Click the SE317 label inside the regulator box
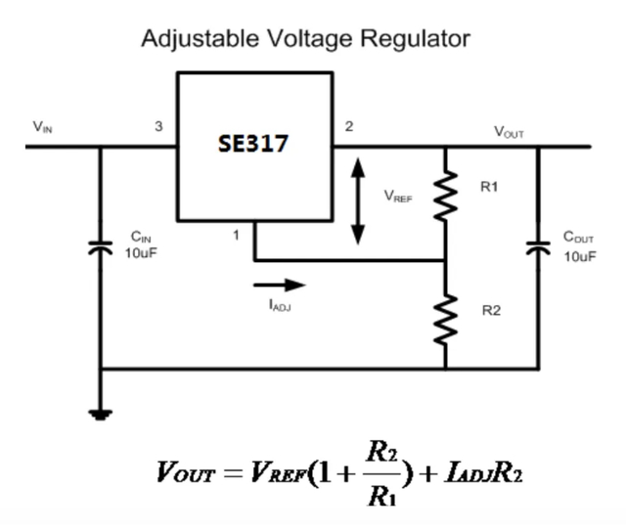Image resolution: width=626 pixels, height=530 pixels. point(252,144)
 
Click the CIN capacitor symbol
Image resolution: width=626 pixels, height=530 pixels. point(101,246)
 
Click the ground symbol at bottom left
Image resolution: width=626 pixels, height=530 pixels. point(101,414)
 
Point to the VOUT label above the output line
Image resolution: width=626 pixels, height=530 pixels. point(509,130)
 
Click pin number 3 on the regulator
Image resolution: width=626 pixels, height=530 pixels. point(159,127)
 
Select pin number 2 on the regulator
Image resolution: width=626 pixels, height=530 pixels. point(349,127)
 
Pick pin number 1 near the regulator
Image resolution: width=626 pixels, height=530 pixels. point(236,236)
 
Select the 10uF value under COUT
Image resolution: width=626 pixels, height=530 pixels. point(579,256)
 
